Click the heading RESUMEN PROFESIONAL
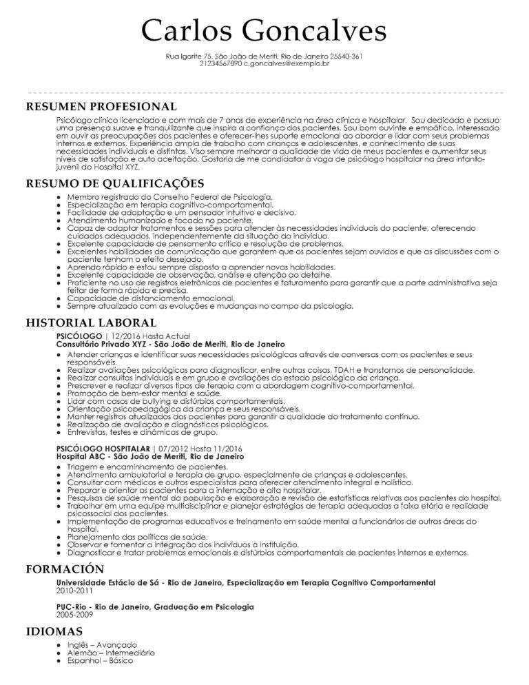coord(101,107)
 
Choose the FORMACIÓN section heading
coord(65,569)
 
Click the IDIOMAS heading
coord(54,631)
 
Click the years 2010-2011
coord(74,591)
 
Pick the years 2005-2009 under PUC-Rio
coord(74,613)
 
